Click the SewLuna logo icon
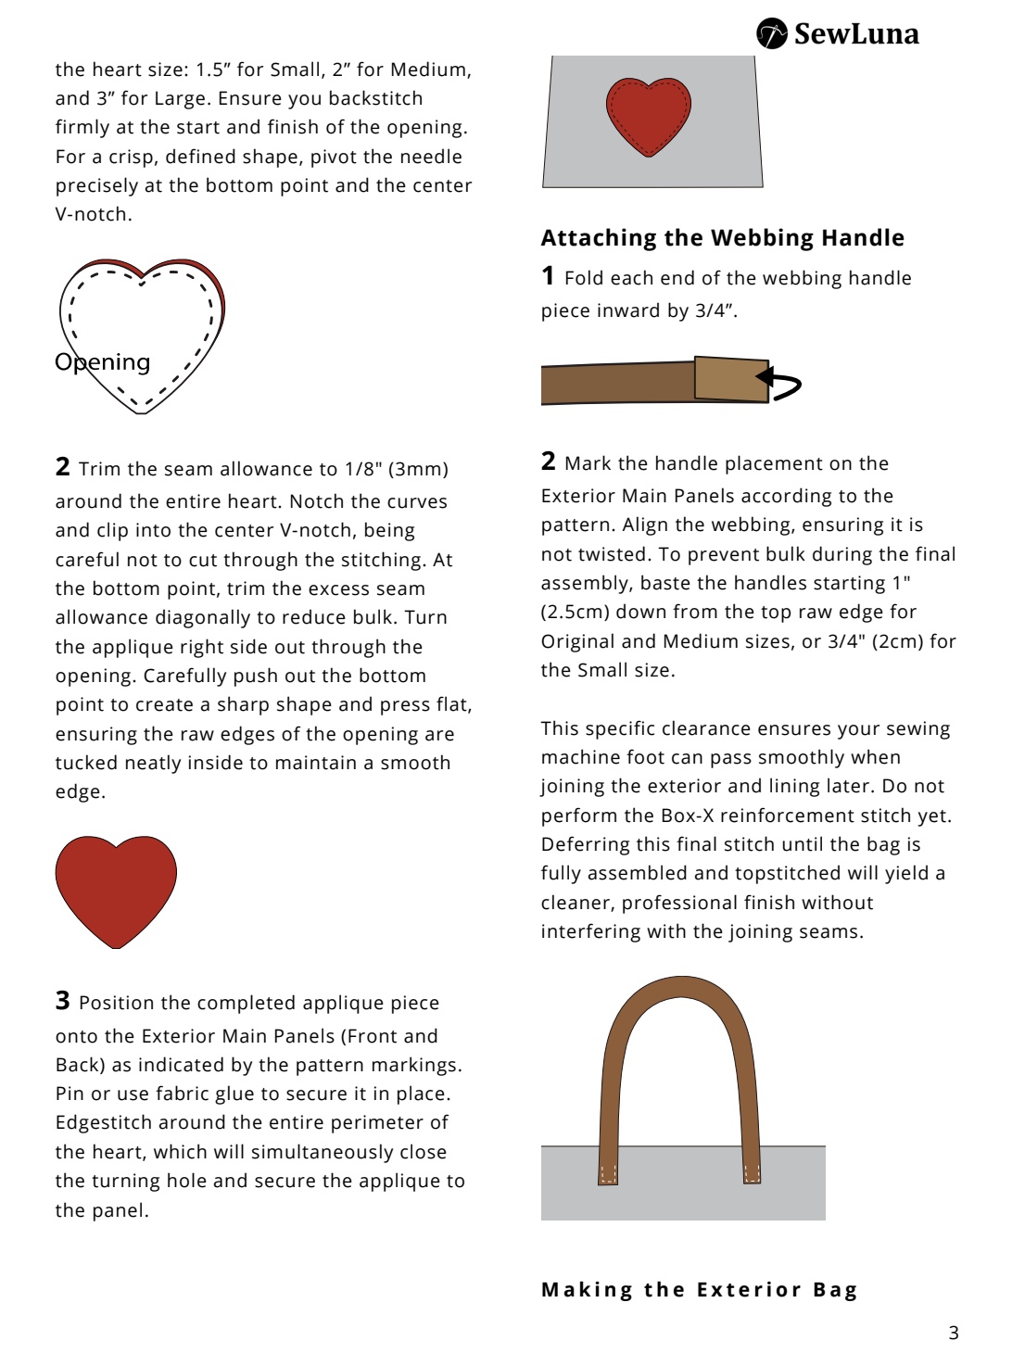pos(771,33)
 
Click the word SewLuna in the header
pos(856,34)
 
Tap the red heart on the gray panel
pos(649,116)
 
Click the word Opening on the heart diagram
pos(103,362)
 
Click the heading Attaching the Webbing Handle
pos(722,238)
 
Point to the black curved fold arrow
pos(780,383)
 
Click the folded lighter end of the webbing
pos(731,378)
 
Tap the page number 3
pos(954,1333)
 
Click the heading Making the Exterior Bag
pos(700,1290)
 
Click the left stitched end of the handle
pos(608,1172)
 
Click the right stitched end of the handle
pos(752,1172)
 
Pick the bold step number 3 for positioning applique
pos(63,1001)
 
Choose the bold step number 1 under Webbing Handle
pos(549,276)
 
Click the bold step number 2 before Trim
pos(63,467)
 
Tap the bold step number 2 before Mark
pos(549,462)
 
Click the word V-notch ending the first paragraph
pos(93,214)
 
